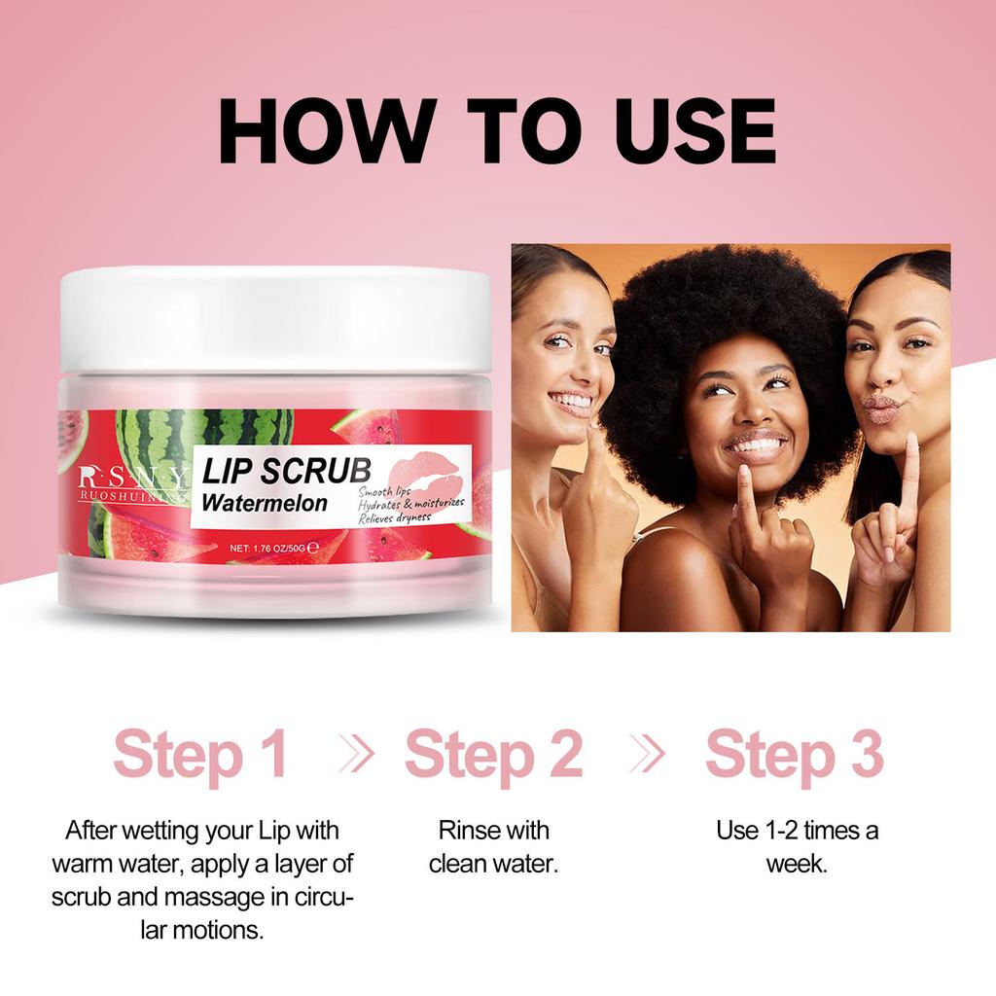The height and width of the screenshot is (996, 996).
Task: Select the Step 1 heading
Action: [x=200, y=756]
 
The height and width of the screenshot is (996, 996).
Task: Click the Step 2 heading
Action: [x=493, y=756]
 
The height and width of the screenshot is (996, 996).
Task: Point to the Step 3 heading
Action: [x=794, y=756]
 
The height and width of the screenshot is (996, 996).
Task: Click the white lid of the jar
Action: [x=275, y=319]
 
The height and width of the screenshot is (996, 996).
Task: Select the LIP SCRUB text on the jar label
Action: [x=285, y=471]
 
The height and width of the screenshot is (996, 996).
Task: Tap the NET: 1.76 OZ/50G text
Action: [x=274, y=549]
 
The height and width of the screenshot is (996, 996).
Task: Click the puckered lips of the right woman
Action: [x=880, y=406]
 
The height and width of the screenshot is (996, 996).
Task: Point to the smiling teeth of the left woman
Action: [x=573, y=400]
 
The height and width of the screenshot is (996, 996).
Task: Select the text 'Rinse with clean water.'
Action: [x=493, y=846]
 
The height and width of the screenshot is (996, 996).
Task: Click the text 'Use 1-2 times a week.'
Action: [x=797, y=846]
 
